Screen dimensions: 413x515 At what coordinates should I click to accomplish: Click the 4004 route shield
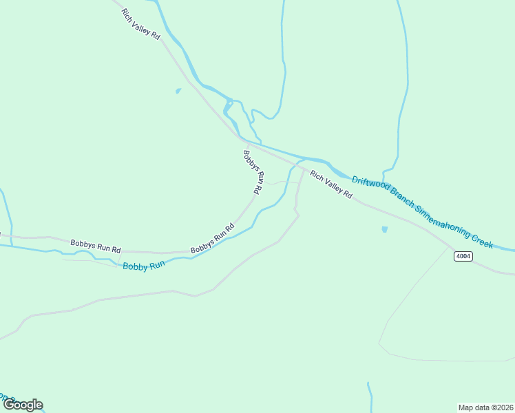click(463, 256)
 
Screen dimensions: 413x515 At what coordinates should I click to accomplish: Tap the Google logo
click(23, 405)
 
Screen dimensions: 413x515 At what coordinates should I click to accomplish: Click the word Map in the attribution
click(467, 407)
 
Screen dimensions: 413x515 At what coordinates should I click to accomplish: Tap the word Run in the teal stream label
click(158, 263)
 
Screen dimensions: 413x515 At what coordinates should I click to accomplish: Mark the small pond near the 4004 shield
click(384, 229)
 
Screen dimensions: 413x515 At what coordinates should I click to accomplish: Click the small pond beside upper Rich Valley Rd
click(178, 91)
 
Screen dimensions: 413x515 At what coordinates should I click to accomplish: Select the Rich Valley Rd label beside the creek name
click(331, 185)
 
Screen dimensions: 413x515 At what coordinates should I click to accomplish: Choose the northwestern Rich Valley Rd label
click(140, 25)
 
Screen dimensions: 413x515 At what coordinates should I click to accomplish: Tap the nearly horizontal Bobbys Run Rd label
click(96, 245)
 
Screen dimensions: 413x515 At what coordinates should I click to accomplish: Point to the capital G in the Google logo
click(10, 405)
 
